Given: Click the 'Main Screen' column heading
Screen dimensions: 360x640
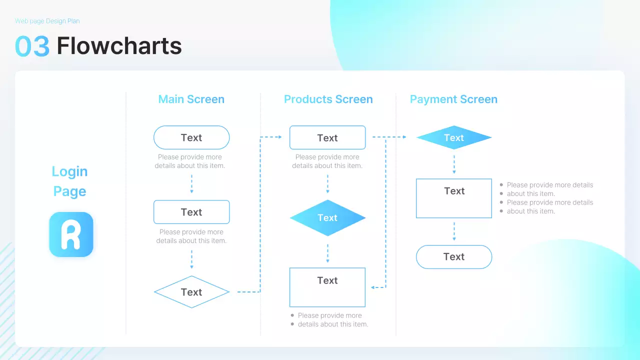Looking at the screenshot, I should [x=191, y=99].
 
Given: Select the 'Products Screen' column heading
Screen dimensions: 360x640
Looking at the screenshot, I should [x=328, y=99].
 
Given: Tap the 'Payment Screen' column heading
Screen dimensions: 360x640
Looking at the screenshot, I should [x=453, y=99].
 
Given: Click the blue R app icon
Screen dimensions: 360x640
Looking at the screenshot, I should [x=71, y=234].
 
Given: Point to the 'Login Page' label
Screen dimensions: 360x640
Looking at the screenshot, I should [x=69, y=181].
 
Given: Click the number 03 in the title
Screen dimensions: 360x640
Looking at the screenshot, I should [x=32, y=46].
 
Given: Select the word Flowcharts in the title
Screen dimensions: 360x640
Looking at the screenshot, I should [x=119, y=46].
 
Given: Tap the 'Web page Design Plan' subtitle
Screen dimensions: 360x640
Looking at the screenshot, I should [x=47, y=21].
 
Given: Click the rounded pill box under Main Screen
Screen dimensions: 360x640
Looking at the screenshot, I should [x=191, y=137].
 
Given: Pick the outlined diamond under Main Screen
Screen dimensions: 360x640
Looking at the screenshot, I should [x=191, y=292].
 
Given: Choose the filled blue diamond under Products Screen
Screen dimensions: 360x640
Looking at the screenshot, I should [x=327, y=218].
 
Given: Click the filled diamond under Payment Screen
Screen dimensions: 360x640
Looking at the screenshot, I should [x=453, y=137].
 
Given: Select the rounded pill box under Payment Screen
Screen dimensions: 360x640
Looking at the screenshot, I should [x=454, y=257].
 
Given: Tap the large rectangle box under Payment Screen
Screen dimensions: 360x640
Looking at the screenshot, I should [x=454, y=198].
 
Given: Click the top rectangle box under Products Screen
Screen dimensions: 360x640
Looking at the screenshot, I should [x=327, y=137].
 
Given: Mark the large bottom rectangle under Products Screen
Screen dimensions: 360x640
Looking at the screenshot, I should [x=327, y=287].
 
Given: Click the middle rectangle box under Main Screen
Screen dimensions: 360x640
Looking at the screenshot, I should [x=191, y=212].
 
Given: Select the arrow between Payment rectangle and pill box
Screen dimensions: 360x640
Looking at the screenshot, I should [x=454, y=231].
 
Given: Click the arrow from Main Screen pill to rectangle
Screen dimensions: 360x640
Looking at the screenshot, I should [x=191, y=184].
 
